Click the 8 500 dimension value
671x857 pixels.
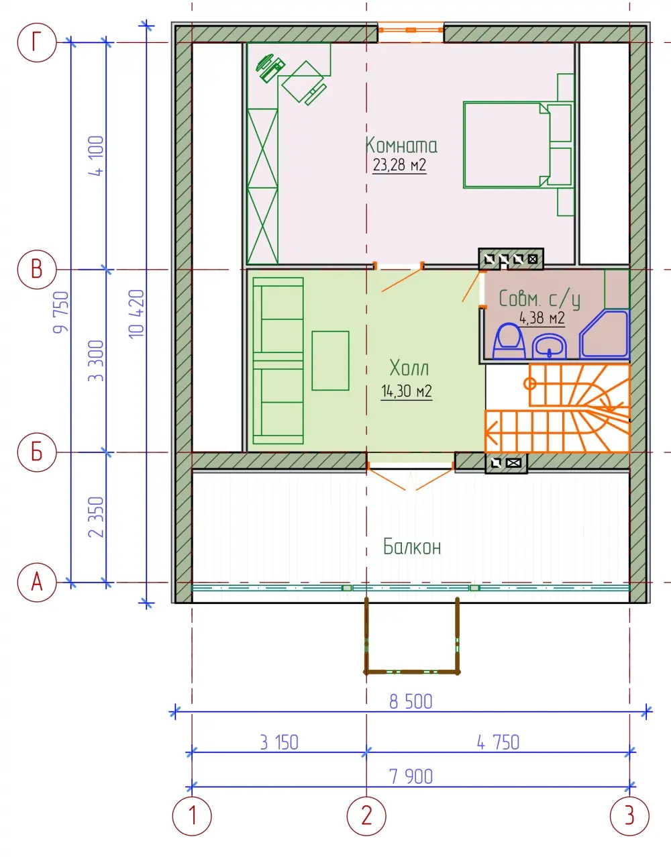click(411, 702)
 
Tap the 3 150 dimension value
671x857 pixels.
click(279, 743)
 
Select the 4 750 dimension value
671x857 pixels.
click(498, 743)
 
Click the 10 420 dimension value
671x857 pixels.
click(137, 314)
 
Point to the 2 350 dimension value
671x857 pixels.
click(96, 517)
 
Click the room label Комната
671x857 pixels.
click(401, 145)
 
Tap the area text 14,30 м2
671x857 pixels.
click(407, 391)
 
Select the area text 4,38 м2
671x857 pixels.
click(542, 318)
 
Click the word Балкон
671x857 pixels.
click(412, 547)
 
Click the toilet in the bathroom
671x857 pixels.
click(509, 341)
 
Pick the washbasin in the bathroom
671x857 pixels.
click(550, 346)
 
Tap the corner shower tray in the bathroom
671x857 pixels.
click(604, 335)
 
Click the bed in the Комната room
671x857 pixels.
click(517, 145)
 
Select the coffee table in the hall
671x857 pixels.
click(330, 361)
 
